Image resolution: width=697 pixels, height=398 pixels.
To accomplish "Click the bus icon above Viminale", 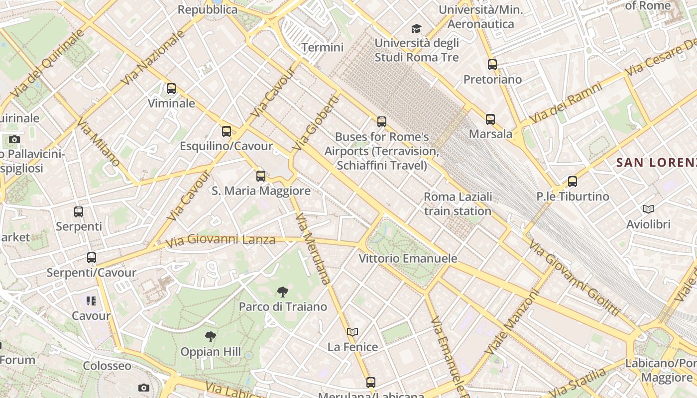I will pos(171,89).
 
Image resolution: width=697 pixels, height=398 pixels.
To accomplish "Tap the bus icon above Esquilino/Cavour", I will pos(227,131).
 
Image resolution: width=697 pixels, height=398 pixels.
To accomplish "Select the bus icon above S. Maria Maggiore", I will pos(261,176).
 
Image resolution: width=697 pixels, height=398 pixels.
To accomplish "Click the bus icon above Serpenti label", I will pos(79,212).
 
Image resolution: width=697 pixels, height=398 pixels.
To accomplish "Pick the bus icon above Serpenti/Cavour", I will pos(92,258).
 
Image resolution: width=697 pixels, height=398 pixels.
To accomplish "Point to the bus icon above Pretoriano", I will pos(492,65).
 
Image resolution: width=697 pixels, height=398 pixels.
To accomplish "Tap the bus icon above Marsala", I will pos(490,119).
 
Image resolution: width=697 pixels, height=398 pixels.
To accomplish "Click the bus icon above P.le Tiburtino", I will pos(573,182).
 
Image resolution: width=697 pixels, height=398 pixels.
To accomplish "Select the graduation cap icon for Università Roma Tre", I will pos(416,29).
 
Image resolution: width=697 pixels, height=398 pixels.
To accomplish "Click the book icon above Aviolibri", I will pos(648,209).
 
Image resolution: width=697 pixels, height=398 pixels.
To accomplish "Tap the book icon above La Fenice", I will pos(352,332).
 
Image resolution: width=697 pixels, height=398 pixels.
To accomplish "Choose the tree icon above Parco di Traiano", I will pos(282,292).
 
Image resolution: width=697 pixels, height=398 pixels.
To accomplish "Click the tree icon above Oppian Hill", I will pos(211,337).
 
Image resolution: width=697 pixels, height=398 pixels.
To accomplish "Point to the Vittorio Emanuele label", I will pos(408,258).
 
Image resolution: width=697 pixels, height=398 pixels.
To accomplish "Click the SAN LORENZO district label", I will pos(656,162).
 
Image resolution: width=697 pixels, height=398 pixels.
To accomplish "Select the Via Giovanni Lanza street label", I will pos(221,240).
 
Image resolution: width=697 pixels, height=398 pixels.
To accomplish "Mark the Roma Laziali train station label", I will pos(458,203).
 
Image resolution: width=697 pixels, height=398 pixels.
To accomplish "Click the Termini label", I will pos(323,47).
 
